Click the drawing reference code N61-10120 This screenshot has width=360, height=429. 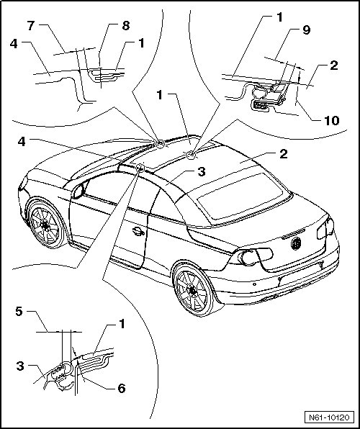[329, 417]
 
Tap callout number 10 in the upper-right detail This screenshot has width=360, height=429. [331, 120]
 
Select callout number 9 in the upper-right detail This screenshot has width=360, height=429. [306, 30]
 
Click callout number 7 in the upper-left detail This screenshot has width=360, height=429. [31, 26]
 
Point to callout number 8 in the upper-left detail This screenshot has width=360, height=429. [125, 26]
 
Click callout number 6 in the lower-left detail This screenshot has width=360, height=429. [121, 388]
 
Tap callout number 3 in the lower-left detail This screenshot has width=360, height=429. [20, 366]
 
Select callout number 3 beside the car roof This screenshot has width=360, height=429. [201, 172]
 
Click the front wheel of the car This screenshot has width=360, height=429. [45, 225]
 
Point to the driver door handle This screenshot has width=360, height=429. [138, 232]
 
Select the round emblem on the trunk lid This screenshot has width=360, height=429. [296, 243]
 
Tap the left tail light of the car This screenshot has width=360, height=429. [252, 257]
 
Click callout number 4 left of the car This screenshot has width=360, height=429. [22, 142]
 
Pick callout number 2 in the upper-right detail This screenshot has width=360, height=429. [333, 66]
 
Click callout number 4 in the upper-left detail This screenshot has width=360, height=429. [14, 44]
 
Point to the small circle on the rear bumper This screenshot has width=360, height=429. [254, 284]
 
